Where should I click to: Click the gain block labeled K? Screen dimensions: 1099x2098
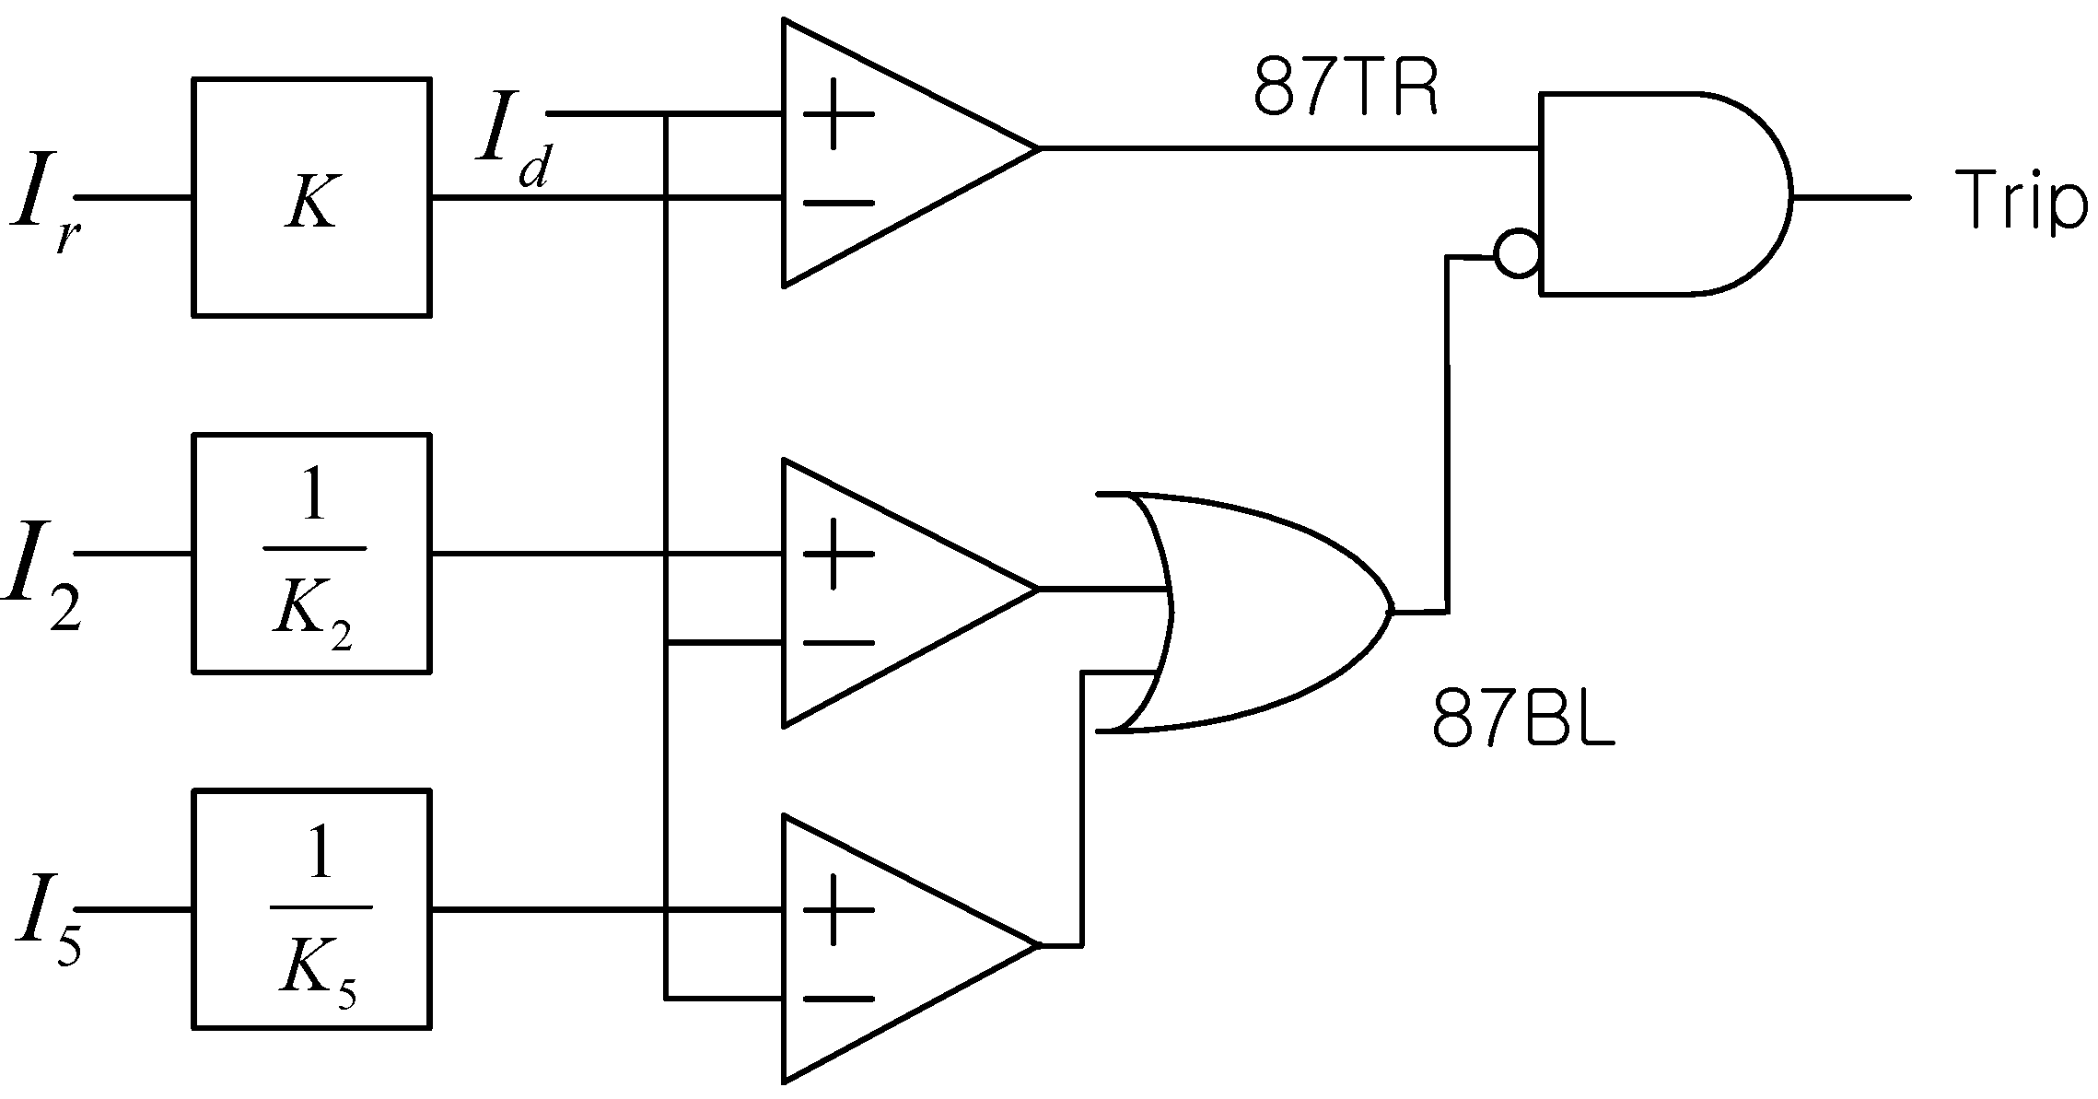[311, 197]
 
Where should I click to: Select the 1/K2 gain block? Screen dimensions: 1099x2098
[311, 553]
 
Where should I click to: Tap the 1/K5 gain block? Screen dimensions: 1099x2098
[311, 909]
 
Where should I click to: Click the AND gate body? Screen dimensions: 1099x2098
[1658, 193]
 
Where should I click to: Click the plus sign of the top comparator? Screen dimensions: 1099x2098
[836, 115]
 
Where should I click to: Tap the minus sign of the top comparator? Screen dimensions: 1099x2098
[836, 201]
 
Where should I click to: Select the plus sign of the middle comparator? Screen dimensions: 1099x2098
[836, 554]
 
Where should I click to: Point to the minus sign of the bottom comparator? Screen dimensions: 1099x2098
[836, 999]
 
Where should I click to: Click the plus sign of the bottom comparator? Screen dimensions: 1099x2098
[836, 910]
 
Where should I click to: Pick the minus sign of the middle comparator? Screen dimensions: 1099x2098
[836, 642]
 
